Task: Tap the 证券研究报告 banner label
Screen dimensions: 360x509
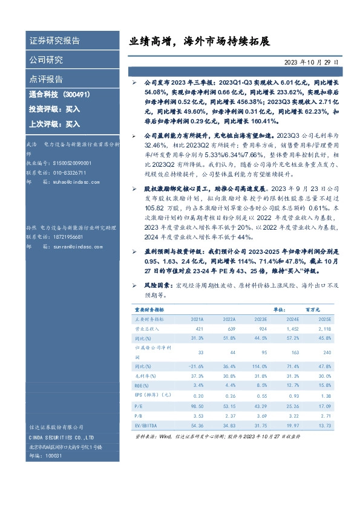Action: click(x=54, y=41)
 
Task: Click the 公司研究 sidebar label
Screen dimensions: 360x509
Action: click(x=46, y=60)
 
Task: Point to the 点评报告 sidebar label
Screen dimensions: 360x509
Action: click(x=46, y=80)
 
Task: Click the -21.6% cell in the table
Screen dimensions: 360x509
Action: click(x=197, y=366)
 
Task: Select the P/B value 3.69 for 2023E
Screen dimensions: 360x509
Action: click(x=262, y=417)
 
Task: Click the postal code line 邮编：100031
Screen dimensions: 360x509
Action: click(x=45, y=456)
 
